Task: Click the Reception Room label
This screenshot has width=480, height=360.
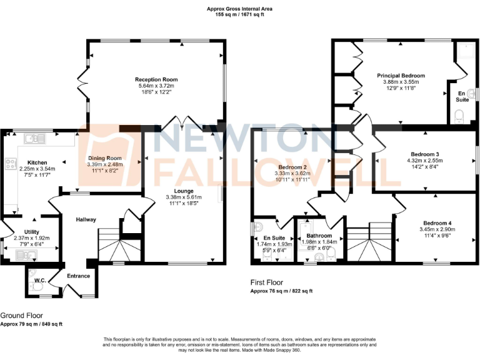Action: coord(156,80)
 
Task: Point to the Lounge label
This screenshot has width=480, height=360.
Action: coord(183,191)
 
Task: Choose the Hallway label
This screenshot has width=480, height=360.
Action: coord(86,220)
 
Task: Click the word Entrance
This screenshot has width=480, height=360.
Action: coord(79,276)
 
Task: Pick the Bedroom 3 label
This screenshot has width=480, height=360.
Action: coord(424,154)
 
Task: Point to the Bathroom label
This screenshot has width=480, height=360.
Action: coord(319,236)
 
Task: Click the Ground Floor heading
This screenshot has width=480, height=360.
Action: coord(22,316)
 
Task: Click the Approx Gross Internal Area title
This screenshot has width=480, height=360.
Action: coord(239,8)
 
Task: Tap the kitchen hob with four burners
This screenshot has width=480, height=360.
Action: coord(11,164)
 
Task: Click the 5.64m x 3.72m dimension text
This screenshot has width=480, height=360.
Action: coord(156,86)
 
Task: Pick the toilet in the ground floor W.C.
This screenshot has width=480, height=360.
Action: coord(34,285)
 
